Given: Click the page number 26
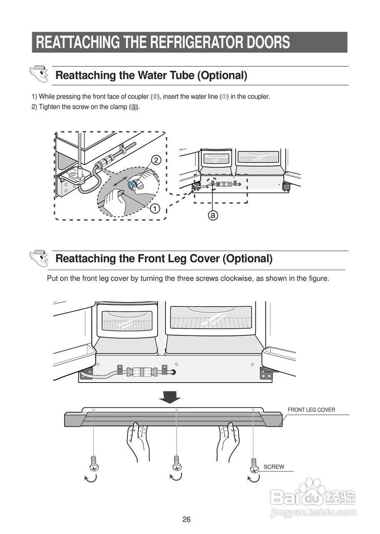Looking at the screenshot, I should (x=186, y=519).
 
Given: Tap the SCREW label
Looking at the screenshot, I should (x=274, y=467).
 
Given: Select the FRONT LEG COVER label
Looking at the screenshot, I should (x=311, y=410).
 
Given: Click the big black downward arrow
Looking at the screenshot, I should (x=170, y=397).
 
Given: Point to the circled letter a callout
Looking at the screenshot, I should (x=213, y=215).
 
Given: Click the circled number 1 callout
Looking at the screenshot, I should (x=155, y=208).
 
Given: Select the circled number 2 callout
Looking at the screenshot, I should (x=155, y=160).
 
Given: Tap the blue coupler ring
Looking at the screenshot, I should (x=132, y=184).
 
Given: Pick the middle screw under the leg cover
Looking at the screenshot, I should (x=177, y=463).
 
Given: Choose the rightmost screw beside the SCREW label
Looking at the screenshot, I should (x=254, y=465).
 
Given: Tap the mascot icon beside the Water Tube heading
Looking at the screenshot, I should (x=39, y=74).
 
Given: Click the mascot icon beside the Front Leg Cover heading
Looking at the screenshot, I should (x=39, y=258).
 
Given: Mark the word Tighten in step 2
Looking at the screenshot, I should (x=49, y=107).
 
